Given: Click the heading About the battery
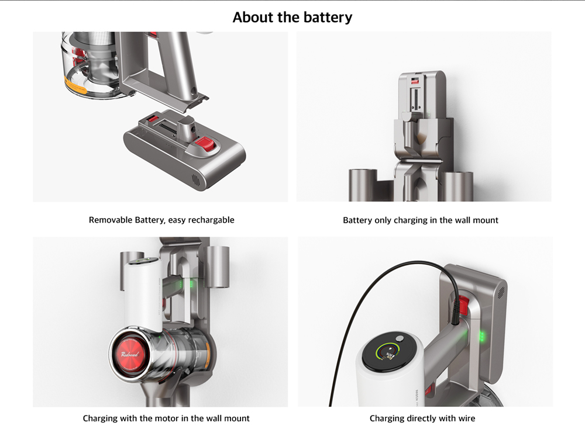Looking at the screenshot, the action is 292,17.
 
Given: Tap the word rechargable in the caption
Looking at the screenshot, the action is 211,220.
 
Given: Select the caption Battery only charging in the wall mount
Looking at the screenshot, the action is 421,220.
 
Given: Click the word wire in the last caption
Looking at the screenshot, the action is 467,418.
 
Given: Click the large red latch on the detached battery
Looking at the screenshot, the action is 204,144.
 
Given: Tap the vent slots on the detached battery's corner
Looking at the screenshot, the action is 196,180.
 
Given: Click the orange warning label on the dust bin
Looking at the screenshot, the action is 75,85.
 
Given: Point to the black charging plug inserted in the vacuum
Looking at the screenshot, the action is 455,311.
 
